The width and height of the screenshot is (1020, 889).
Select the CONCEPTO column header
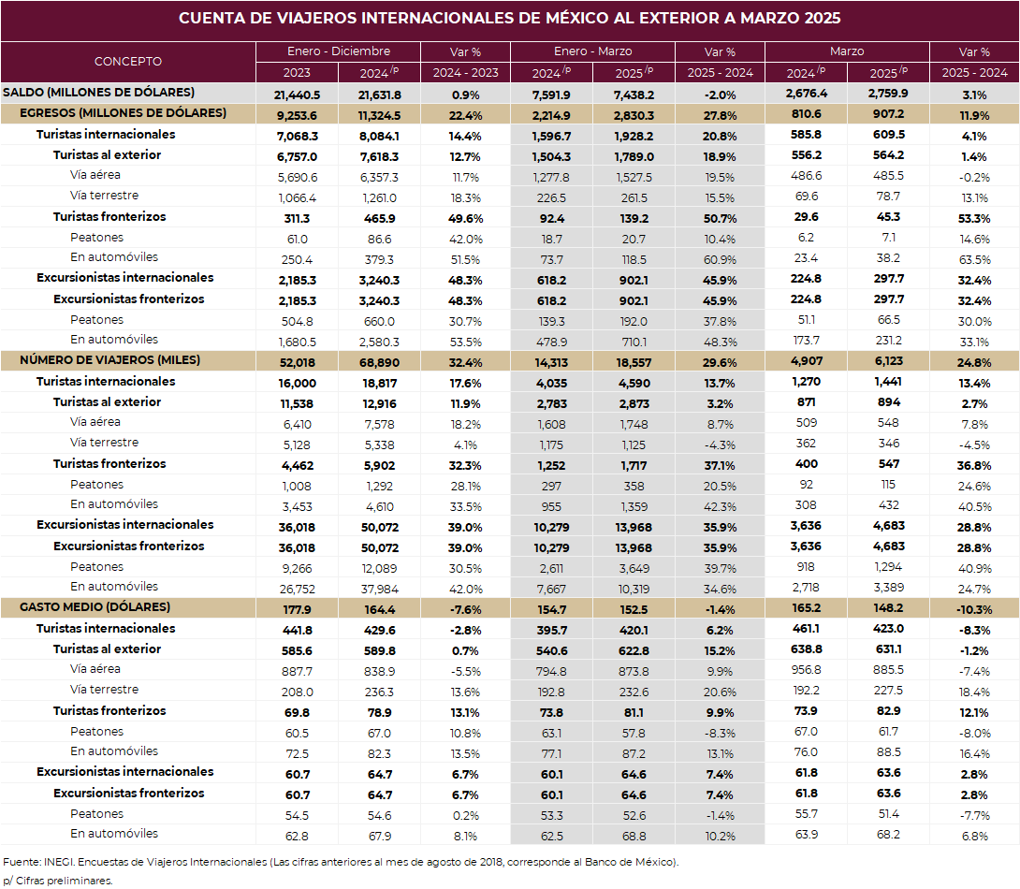click(x=128, y=61)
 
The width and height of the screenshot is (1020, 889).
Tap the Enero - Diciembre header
click(x=338, y=51)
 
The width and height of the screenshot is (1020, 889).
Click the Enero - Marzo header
click(x=592, y=51)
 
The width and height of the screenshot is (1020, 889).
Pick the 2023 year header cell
click(x=297, y=73)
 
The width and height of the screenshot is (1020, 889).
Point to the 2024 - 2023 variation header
click(x=466, y=73)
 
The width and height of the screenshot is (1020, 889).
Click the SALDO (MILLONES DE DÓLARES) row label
click(x=99, y=93)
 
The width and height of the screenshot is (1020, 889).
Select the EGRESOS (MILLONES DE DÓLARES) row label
click(x=123, y=113)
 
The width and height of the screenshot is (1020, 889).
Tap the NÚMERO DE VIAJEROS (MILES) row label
click(x=109, y=360)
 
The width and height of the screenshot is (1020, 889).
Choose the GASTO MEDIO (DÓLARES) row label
click(x=95, y=607)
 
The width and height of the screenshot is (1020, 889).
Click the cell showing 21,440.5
click(x=298, y=95)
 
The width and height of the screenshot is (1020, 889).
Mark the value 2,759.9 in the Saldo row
click(x=888, y=94)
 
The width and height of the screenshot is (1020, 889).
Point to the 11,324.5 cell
click(x=380, y=116)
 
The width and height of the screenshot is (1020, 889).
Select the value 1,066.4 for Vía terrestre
click(x=298, y=197)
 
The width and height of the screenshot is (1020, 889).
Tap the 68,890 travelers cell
click(x=380, y=363)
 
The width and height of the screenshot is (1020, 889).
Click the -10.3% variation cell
click(x=974, y=610)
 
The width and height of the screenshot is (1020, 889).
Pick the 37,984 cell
click(x=380, y=590)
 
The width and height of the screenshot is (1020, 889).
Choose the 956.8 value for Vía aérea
click(x=807, y=670)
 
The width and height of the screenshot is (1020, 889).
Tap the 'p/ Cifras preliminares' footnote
click(x=58, y=882)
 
